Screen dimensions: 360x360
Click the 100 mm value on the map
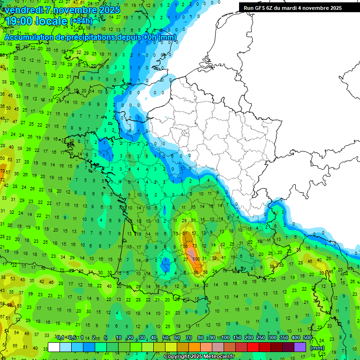[x=196, y=259]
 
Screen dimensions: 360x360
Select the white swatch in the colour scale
[x=54, y=347]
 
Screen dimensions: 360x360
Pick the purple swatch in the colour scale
[x=300, y=347]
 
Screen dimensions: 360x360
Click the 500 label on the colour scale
[x=307, y=338]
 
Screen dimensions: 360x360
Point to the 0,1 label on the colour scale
[x=60, y=338]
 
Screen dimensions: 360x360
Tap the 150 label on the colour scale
[x=237, y=338]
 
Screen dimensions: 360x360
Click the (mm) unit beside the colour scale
[x=317, y=348]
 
